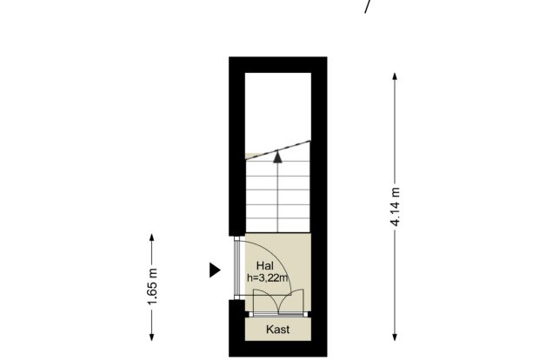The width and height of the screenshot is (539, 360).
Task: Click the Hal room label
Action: (x=265, y=266)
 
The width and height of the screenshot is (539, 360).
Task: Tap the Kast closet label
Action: (x=277, y=330)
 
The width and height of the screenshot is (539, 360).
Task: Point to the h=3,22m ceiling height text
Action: (x=268, y=277)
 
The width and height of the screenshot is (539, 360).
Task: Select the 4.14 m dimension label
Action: (x=395, y=207)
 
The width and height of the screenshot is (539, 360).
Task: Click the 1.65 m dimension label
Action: (x=152, y=286)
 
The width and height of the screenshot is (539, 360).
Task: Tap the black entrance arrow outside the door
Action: (x=215, y=270)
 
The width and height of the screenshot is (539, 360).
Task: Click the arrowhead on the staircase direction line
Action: (x=277, y=157)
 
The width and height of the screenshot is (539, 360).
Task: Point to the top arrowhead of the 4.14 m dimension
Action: (x=395, y=77)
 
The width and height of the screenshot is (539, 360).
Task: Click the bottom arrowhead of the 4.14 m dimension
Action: (x=395, y=337)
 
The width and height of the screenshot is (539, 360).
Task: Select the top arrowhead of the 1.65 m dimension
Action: (x=152, y=237)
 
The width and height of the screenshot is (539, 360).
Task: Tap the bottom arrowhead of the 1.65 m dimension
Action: (x=152, y=337)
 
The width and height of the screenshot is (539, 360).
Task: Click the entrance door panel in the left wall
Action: (x=236, y=268)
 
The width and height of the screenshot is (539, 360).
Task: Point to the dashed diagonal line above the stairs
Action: (x=277, y=150)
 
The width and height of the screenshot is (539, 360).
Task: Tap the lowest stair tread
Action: (x=277, y=225)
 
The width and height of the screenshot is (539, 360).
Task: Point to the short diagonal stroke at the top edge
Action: (x=368, y=7)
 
